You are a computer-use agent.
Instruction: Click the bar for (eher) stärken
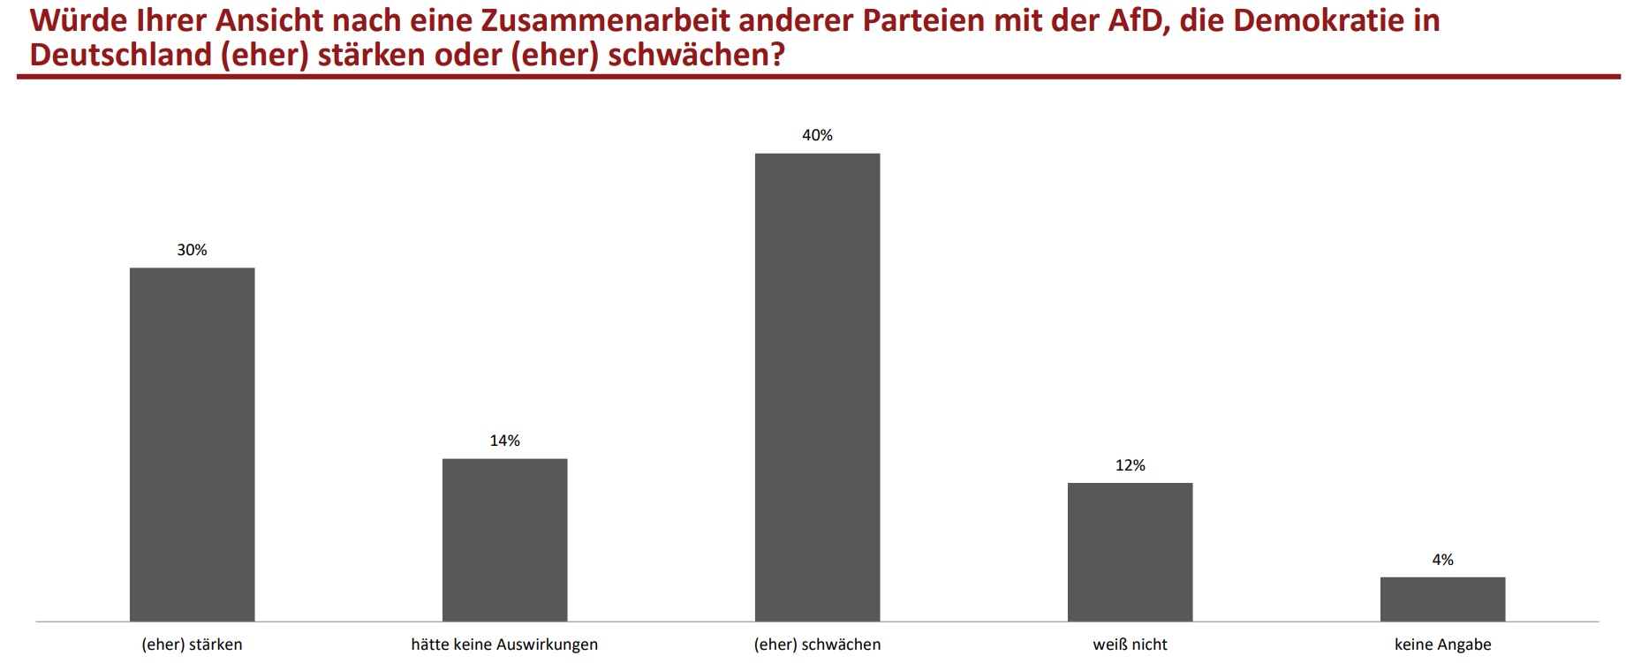click(x=192, y=444)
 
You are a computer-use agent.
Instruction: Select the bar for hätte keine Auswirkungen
click(x=504, y=539)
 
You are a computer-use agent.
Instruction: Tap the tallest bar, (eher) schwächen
click(x=817, y=387)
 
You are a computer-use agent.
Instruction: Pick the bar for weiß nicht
click(x=1130, y=552)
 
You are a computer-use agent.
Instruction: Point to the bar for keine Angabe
click(x=1442, y=599)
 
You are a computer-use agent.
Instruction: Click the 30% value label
click(x=192, y=250)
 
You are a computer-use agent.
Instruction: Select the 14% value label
click(x=504, y=441)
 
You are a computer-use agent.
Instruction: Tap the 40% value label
click(x=817, y=135)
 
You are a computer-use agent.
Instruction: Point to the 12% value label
click(x=1130, y=465)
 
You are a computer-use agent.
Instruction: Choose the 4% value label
click(x=1442, y=560)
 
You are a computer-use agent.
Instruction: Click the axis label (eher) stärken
click(x=192, y=644)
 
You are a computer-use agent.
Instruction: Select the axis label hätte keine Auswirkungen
click(x=504, y=644)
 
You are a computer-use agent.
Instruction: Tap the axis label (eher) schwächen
click(x=817, y=644)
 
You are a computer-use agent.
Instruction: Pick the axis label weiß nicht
click(x=1130, y=644)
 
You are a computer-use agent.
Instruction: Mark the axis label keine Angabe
click(x=1442, y=644)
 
